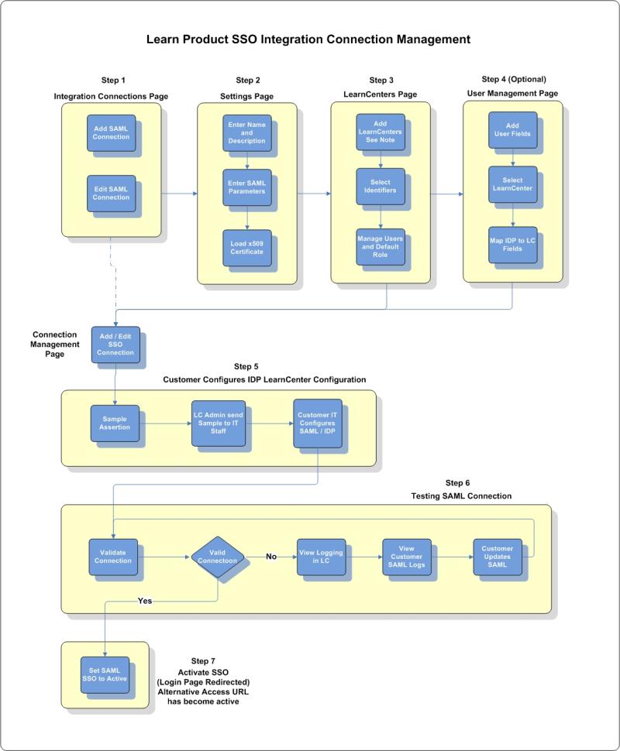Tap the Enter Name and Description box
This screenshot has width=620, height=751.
(246, 132)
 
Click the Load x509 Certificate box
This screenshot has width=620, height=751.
(246, 246)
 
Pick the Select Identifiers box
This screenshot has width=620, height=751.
(379, 187)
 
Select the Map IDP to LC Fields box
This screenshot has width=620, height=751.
(512, 244)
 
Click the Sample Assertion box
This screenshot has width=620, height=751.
(114, 423)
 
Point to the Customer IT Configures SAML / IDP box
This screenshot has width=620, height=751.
(317, 422)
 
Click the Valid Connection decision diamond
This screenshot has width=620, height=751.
(218, 557)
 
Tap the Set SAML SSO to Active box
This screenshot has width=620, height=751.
(104, 674)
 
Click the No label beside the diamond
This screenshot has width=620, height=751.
(271, 556)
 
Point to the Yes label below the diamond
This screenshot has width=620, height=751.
(145, 600)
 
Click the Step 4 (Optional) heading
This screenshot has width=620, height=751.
(514, 79)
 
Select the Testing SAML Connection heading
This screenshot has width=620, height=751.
(463, 496)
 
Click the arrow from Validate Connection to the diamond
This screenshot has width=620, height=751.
(166, 556)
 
